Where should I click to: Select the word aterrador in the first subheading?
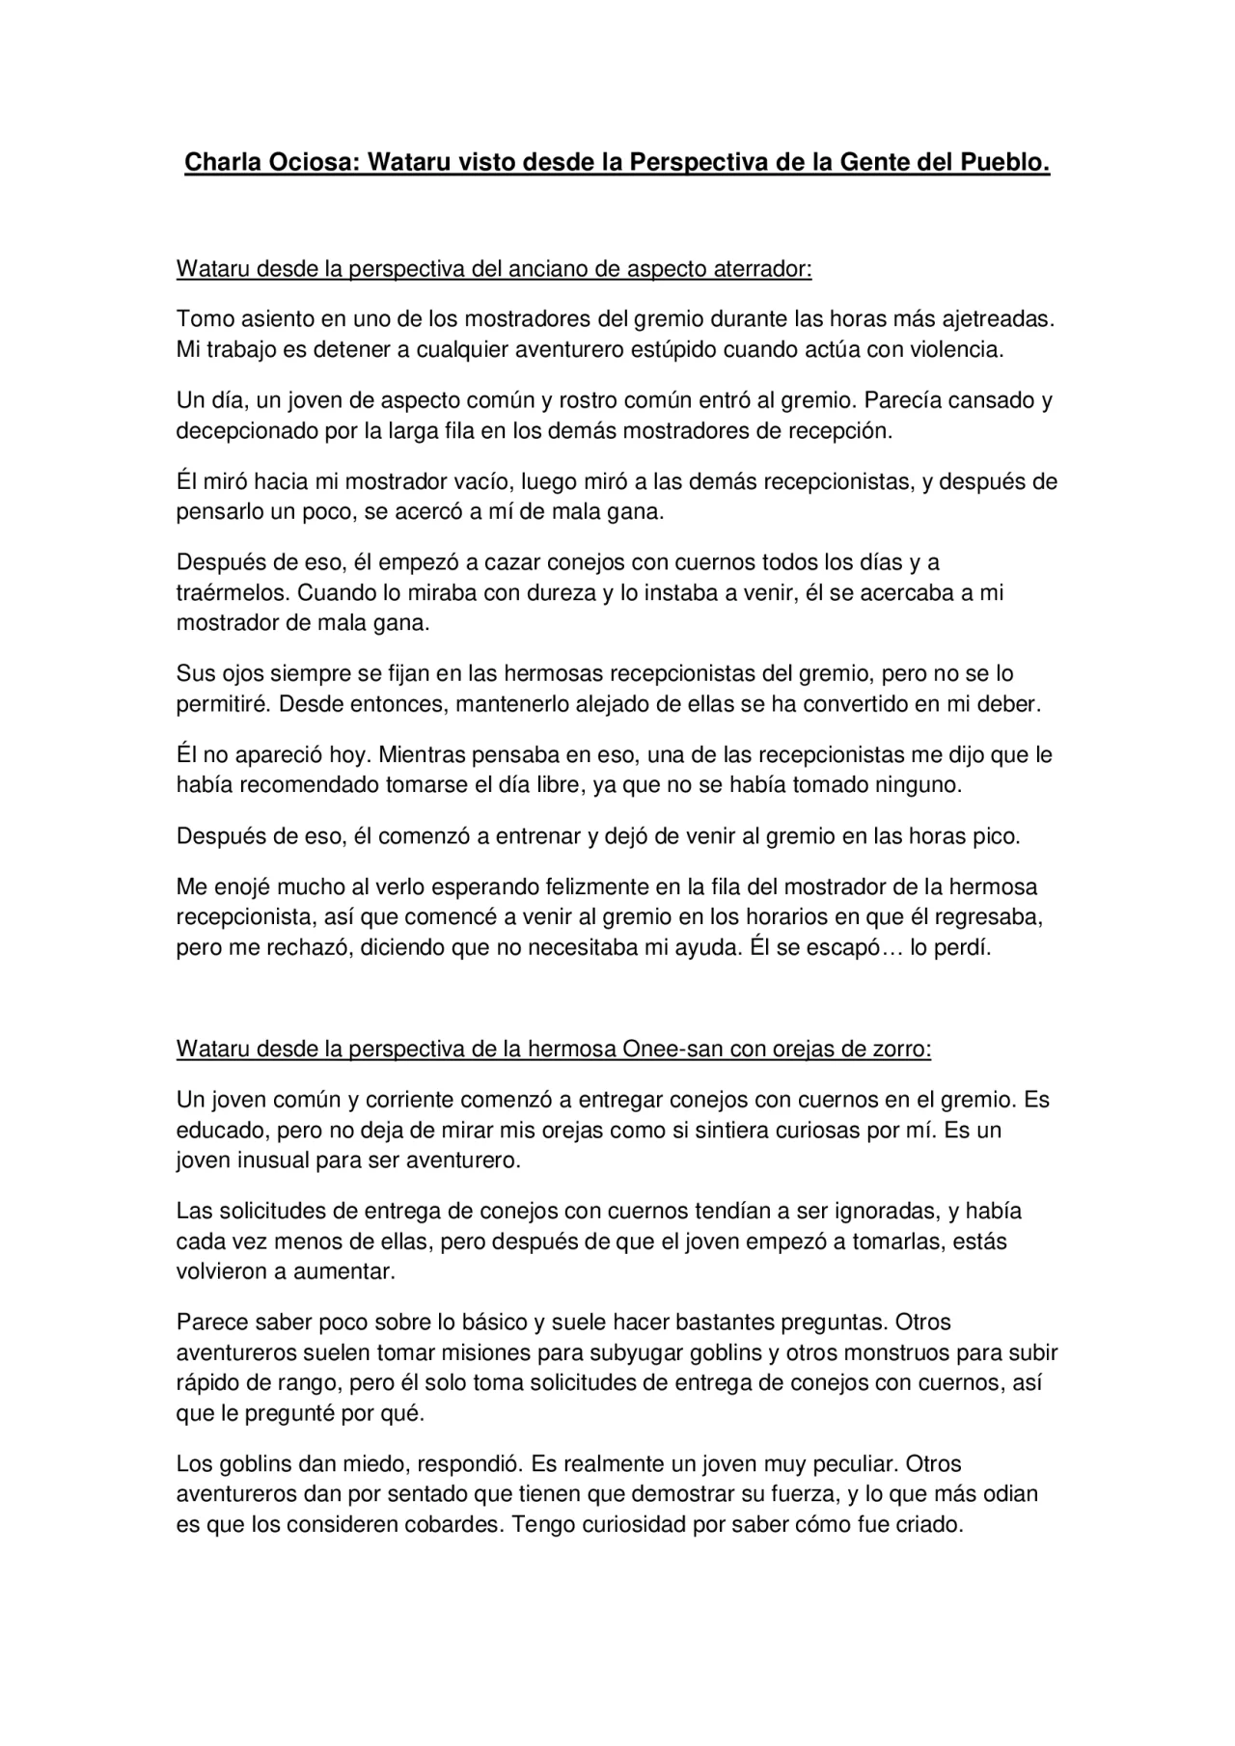pyautogui.click(x=762, y=269)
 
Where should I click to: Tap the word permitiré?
pyautogui.click(x=221, y=704)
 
